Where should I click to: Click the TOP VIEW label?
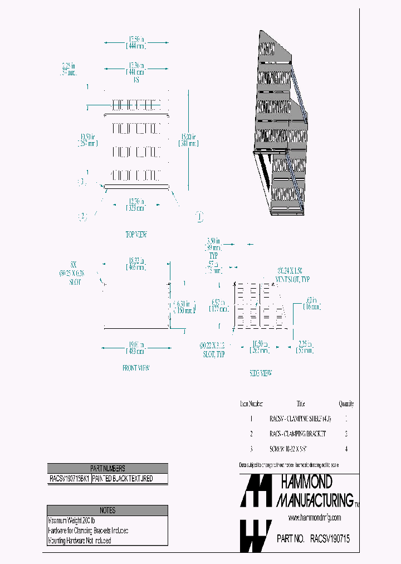pos(136,235)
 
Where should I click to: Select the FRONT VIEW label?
pos(136,368)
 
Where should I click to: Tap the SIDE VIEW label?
pos(261,373)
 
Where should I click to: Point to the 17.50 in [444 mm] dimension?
pos(136,42)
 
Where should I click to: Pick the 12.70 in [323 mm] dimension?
pos(136,205)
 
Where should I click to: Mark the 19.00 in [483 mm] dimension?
pos(136,348)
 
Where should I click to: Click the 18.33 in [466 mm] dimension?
pos(136,263)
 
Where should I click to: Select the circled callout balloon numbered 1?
pos(199,216)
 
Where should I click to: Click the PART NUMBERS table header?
pos(107,469)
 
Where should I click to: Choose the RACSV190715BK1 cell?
pos(69,479)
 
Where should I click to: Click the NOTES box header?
pos(107,510)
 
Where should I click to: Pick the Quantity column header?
pos(346,404)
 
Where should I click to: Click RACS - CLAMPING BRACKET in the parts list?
pos(297,434)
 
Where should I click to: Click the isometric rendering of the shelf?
pos(280,123)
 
